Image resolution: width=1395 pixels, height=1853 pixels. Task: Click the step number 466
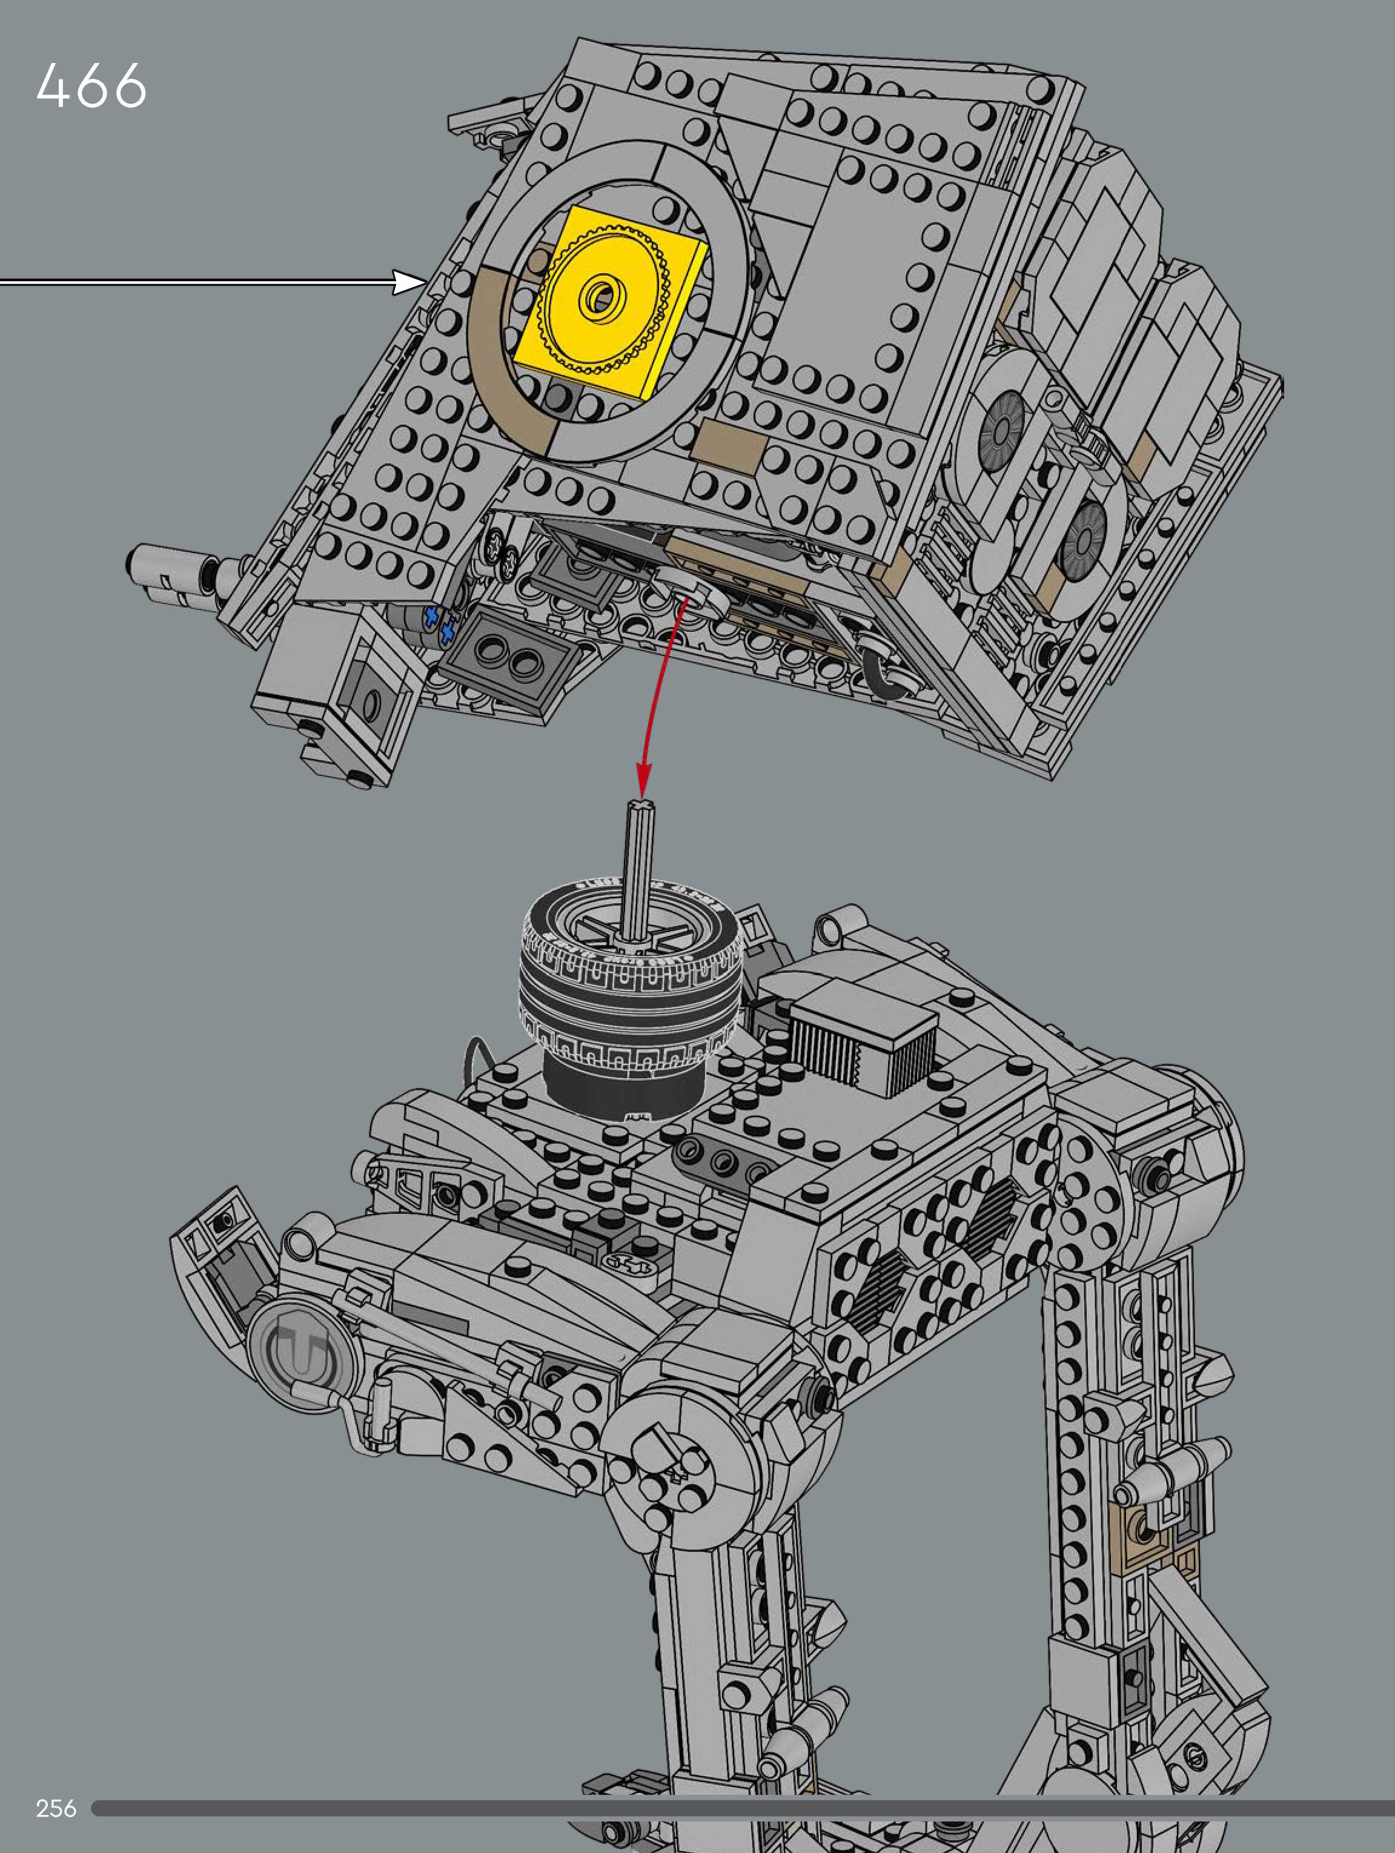(91, 85)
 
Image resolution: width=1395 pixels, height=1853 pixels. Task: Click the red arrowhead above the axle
(643, 780)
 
